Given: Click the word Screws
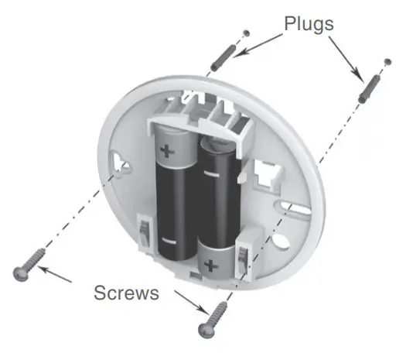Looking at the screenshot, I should click(126, 293).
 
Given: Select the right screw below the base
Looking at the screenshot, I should click(213, 320).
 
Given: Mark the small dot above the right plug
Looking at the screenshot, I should click(386, 60).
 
